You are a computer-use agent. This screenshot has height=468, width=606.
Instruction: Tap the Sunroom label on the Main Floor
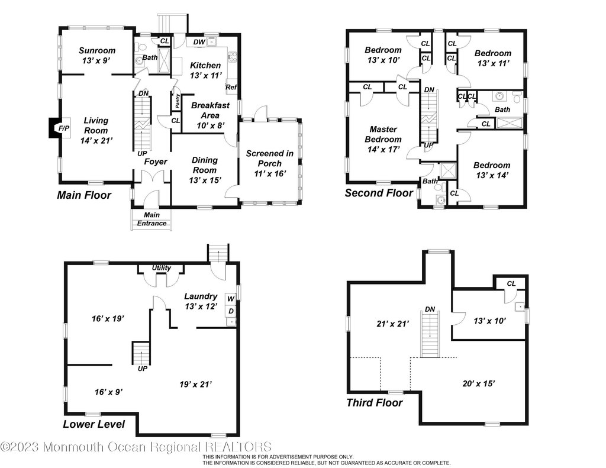tap(97, 51)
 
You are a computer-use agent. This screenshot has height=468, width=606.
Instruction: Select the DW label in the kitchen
tap(200, 43)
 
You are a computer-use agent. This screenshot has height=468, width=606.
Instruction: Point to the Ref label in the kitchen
tap(231, 88)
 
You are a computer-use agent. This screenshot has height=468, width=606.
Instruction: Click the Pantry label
tap(177, 101)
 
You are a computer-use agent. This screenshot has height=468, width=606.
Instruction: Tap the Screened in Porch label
tap(269, 159)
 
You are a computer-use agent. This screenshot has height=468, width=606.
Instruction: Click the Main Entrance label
tap(152, 219)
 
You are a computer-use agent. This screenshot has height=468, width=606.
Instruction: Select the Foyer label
tap(156, 162)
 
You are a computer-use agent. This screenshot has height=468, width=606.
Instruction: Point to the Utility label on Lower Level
tap(162, 268)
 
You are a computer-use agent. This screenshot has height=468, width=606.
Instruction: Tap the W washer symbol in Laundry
tap(231, 298)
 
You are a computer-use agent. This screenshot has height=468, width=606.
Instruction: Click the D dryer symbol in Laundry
tap(231, 311)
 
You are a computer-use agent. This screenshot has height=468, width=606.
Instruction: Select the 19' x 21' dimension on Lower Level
tap(196, 385)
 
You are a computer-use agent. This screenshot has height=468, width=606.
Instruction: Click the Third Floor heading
tap(374, 403)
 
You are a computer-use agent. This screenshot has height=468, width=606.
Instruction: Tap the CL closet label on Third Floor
tap(510, 285)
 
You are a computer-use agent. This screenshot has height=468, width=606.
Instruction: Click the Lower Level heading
tap(94, 424)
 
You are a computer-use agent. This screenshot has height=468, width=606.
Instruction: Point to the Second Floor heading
tap(379, 193)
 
